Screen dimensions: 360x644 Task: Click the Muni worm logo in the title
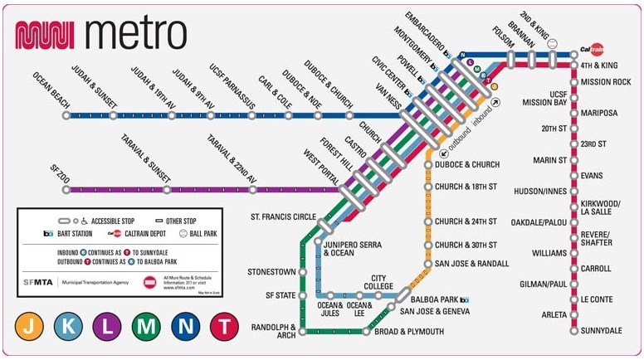coord(46,34)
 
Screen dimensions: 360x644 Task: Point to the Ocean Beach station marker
coord(66,115)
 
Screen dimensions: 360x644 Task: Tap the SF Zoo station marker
coord(66,189)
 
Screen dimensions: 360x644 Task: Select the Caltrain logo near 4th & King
coord(592,49)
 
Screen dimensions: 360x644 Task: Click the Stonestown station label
coord(272,271)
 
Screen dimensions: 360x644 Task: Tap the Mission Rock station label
coord(606,82)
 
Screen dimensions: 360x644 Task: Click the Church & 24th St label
coord(466,221)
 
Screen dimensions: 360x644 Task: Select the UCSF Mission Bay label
coord(544,98)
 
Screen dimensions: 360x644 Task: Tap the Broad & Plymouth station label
coord(410,332)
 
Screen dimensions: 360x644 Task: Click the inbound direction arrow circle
coord(495,103)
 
